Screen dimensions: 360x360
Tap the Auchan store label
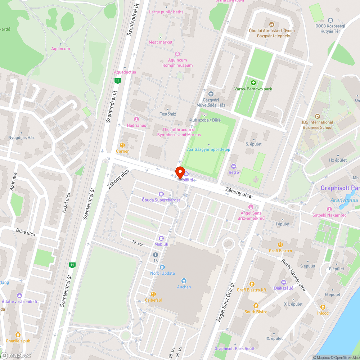(184, 287)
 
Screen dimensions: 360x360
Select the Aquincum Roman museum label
(177, 63)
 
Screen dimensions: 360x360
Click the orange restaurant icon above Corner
(122, 145)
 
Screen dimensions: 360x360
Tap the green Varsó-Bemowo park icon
(253, 83)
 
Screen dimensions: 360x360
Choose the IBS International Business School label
(317, 125)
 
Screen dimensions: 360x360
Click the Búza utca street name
(26, 232)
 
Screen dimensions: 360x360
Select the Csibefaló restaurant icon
(153, 294)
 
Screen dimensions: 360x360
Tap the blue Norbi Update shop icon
(162, 267)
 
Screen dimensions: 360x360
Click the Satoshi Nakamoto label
(329, 215)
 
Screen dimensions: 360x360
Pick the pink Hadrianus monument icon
(136, 119)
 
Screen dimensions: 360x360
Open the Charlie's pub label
(18, 341)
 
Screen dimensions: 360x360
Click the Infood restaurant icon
(323, 307)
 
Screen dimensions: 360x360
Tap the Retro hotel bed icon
(233, 166)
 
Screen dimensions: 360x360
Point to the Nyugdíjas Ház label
(22, 138)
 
